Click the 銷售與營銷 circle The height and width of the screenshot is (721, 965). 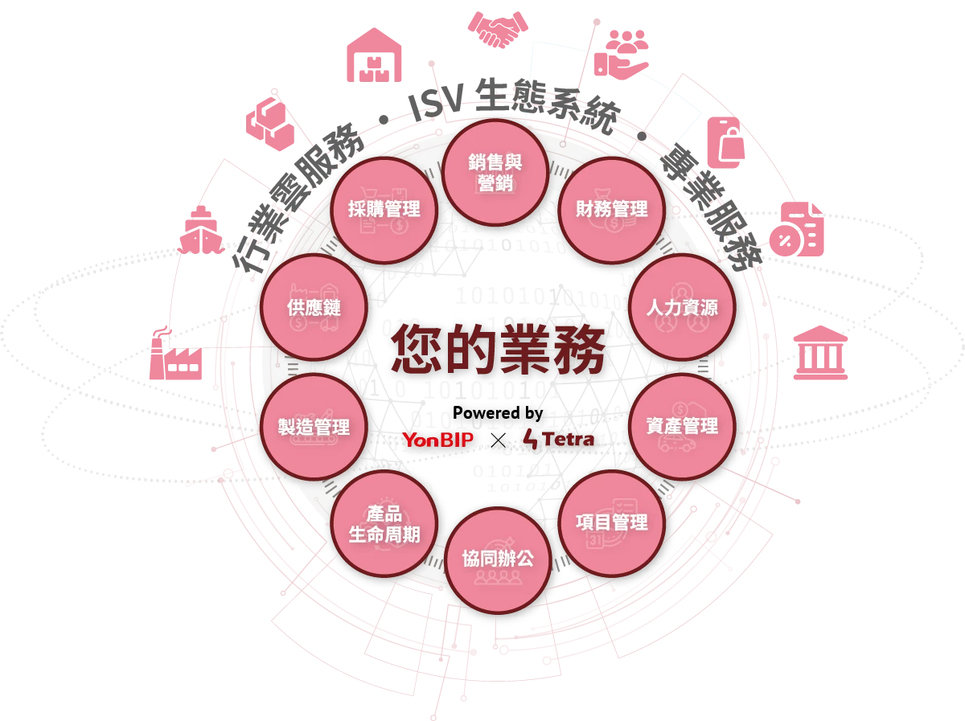click(x=495, y=173)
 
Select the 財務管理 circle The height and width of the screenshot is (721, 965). click(x=611, y=210)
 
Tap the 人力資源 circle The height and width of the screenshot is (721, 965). click(x=682, y=308)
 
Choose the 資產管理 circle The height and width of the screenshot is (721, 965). click(x=682, y=426)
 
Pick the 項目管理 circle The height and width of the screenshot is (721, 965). click(x=611, y=523)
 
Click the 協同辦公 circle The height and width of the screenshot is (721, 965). click(x=498, y=560)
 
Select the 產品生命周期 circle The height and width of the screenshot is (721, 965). click(x=384, y=523)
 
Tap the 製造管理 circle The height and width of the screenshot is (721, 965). click(x=314, y=427)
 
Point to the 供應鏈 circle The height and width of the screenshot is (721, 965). click(x=314, y=308)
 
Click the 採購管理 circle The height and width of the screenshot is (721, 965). click(x=384, y=210)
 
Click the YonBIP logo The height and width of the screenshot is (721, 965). click(x=438, y=440)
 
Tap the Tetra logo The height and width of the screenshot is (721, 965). click(x=558, y=439)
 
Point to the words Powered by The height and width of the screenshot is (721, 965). click(x=498, y=413)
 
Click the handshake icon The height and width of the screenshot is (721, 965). click(x=498, y=29)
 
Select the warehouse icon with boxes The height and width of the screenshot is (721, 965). click(x=374, y=55)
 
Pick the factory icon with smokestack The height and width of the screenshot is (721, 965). click(x=175, y=353)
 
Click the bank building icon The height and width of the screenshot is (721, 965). click(x=820, y=352)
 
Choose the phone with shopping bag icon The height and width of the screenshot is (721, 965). click(x=726, y=142)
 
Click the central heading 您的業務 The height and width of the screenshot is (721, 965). click(x=498, y=350)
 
